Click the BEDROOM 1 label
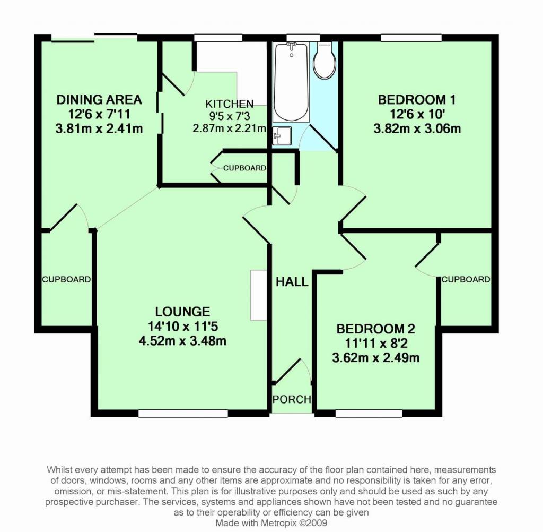pyautogui.click(x=417, y=100)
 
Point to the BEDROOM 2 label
pyautogui.click(x=375, y=329)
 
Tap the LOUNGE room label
pyautogui.click(x=182, y=312)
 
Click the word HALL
pyautogui.click(x=292, y=282)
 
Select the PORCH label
pyautogui.click(x=291, y=399)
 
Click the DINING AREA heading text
pyautogui.click(x=99, y=100)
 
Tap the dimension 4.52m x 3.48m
pyautogui.click(x=182, y=341)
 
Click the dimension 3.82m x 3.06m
pyautogui.click(x=417, y=128)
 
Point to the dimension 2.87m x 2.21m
pyautogui.click(x=229, y=127)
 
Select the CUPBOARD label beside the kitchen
pyautogui.click(x=244, y=168)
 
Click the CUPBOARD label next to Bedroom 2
pyautogui.click(x=466, y=279)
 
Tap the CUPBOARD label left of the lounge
pyautogui.click(x=66, y=279)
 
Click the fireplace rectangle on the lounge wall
pyautogui.click(x=258, y=295)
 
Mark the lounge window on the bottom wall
pyautogui.click(x=183, y=413)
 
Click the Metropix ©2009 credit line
pyautogui.click(x=271, y=523)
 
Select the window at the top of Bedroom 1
pyautogui.click(x=411, y=37)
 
